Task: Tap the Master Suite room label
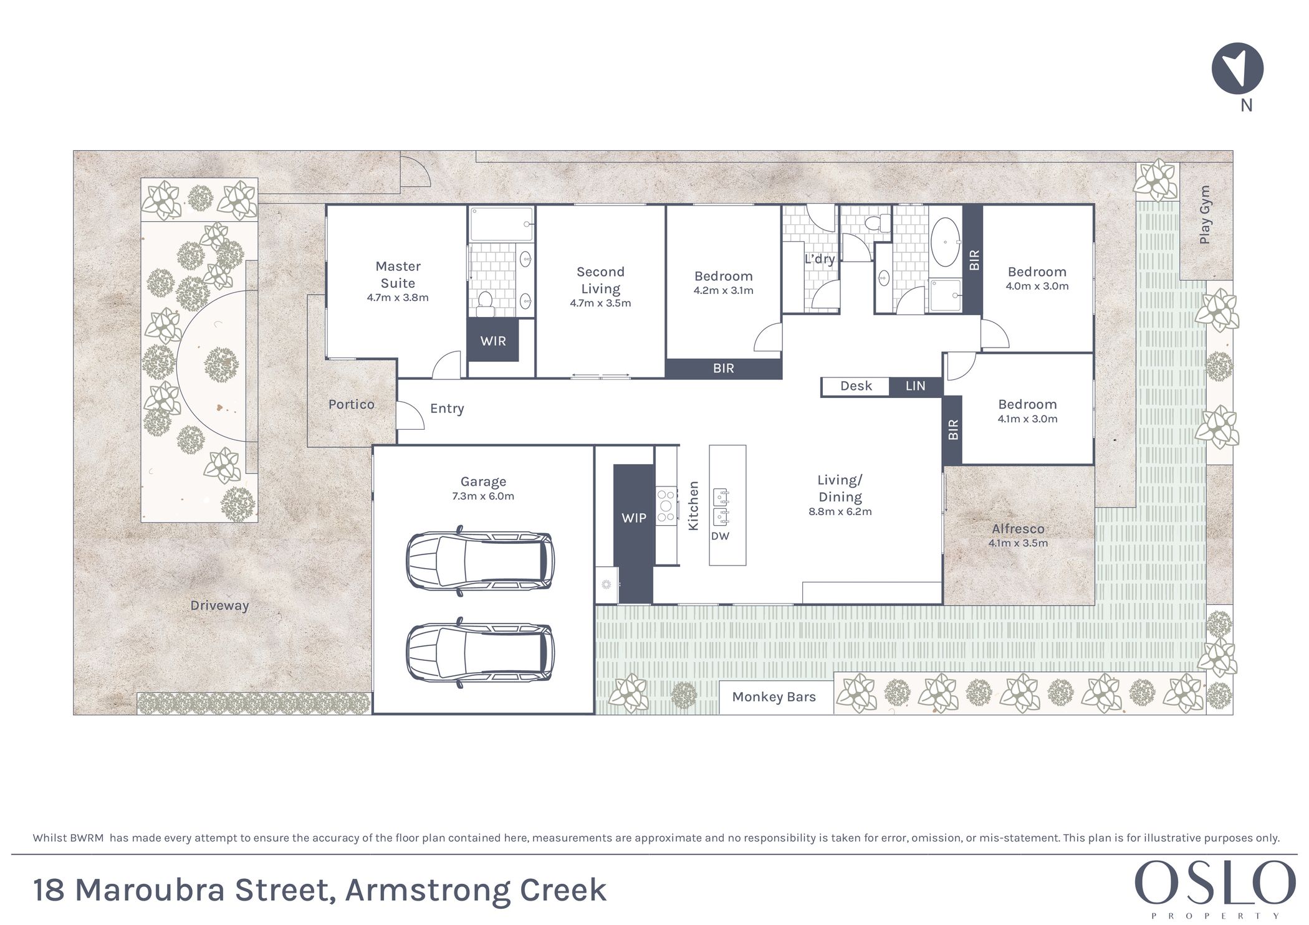point(398,275)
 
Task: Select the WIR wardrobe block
point(493,340)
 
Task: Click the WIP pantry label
point(634,518)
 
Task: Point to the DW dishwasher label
point(720,536)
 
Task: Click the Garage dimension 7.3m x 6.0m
point(483,496)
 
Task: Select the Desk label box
point(856,386)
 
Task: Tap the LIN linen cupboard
point(916,386)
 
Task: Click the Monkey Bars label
point(774,697)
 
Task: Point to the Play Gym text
point(1205,214)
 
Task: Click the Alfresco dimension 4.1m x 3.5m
point(1018,543)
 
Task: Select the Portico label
point(352,404)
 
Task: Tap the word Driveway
point(219,605)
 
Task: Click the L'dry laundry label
point(819,259)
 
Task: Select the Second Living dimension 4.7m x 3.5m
point(600,303)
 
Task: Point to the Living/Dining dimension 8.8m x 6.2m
point(840,512)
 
